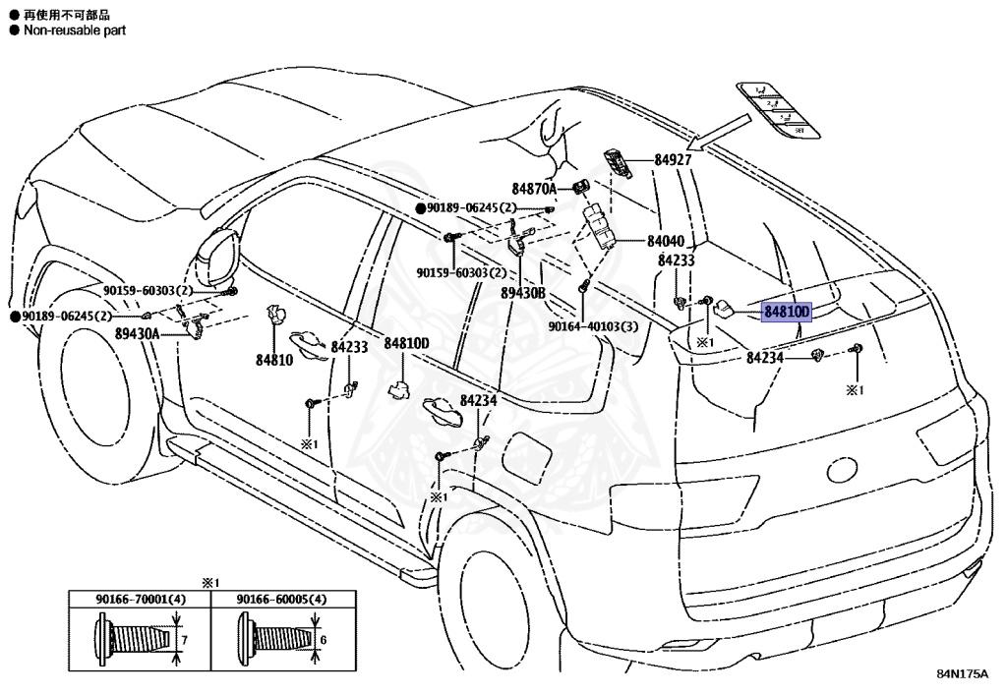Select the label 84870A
tap(534, 188)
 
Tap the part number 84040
tap(665, 241)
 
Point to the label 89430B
tap(522, 293)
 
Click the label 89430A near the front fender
tap(138, 334)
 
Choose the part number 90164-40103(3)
tap(593, 326)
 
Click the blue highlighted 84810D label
tap(786, 313)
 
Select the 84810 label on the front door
tap(274, 361)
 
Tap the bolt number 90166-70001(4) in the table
tap(140, 600)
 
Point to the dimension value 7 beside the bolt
tap(183, 639)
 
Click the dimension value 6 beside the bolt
tap(323, 639)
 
